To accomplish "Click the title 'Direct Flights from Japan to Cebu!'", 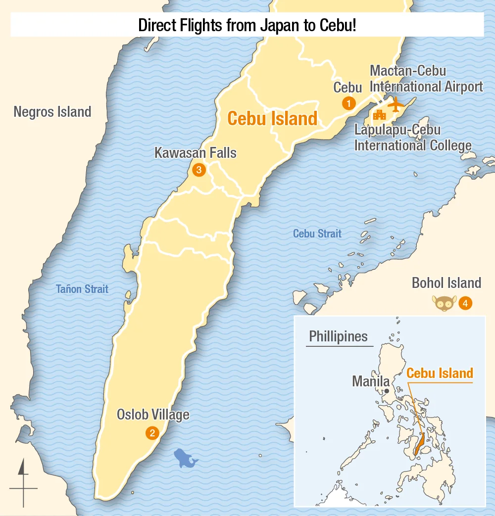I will click(247, 25).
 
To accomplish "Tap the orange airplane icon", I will click(395, 104).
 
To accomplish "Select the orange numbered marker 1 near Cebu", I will click(349, 104).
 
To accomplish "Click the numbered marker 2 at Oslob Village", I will click(151, 433).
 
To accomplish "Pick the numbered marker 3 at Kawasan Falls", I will click(198, 170).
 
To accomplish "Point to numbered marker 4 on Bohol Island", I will click(465, 303).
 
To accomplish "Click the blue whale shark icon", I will click(186, 459).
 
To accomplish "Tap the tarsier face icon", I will click(444, 303).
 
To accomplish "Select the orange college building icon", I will click(380, 115).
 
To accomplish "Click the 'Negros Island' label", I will click(52, 112).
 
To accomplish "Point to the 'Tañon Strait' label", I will click(82, 289).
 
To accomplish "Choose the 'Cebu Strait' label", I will click(317, 234).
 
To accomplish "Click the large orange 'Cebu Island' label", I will click(272, 119).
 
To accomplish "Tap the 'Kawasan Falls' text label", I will click(196, 153).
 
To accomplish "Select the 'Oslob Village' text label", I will click(153, 415).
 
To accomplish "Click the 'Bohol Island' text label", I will click(446, 283).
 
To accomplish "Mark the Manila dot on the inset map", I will click(386, 391).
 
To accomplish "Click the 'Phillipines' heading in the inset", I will click(339, 337).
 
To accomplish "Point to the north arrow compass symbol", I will click(23, 482).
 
